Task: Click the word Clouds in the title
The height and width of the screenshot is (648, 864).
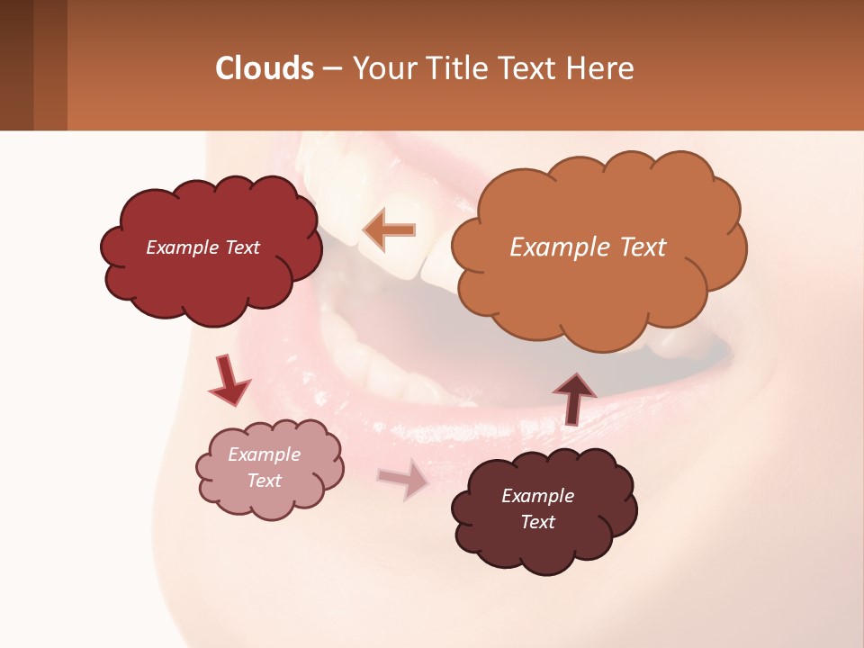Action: click(265, 68)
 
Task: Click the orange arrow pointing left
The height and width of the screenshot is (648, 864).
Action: click(389, 230)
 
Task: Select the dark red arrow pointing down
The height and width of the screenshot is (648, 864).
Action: click(229, 380)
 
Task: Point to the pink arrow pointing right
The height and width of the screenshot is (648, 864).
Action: click(403, 481)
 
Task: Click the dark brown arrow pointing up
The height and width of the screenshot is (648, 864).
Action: click(573, 399)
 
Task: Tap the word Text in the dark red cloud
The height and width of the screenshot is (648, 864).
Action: click(240, 247)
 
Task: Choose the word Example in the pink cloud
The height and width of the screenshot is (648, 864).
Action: click(265, 454)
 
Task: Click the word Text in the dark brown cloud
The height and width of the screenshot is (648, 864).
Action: click(538, 522)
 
